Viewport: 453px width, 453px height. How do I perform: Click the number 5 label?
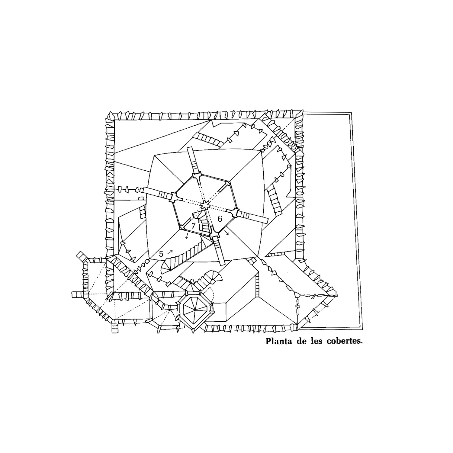[x=161, y=254]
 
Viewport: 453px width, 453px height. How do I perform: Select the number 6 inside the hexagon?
[x=220, y=219]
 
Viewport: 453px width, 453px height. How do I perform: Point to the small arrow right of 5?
[x=170, y=251]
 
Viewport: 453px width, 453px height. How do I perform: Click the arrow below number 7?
[x=187, y=236]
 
